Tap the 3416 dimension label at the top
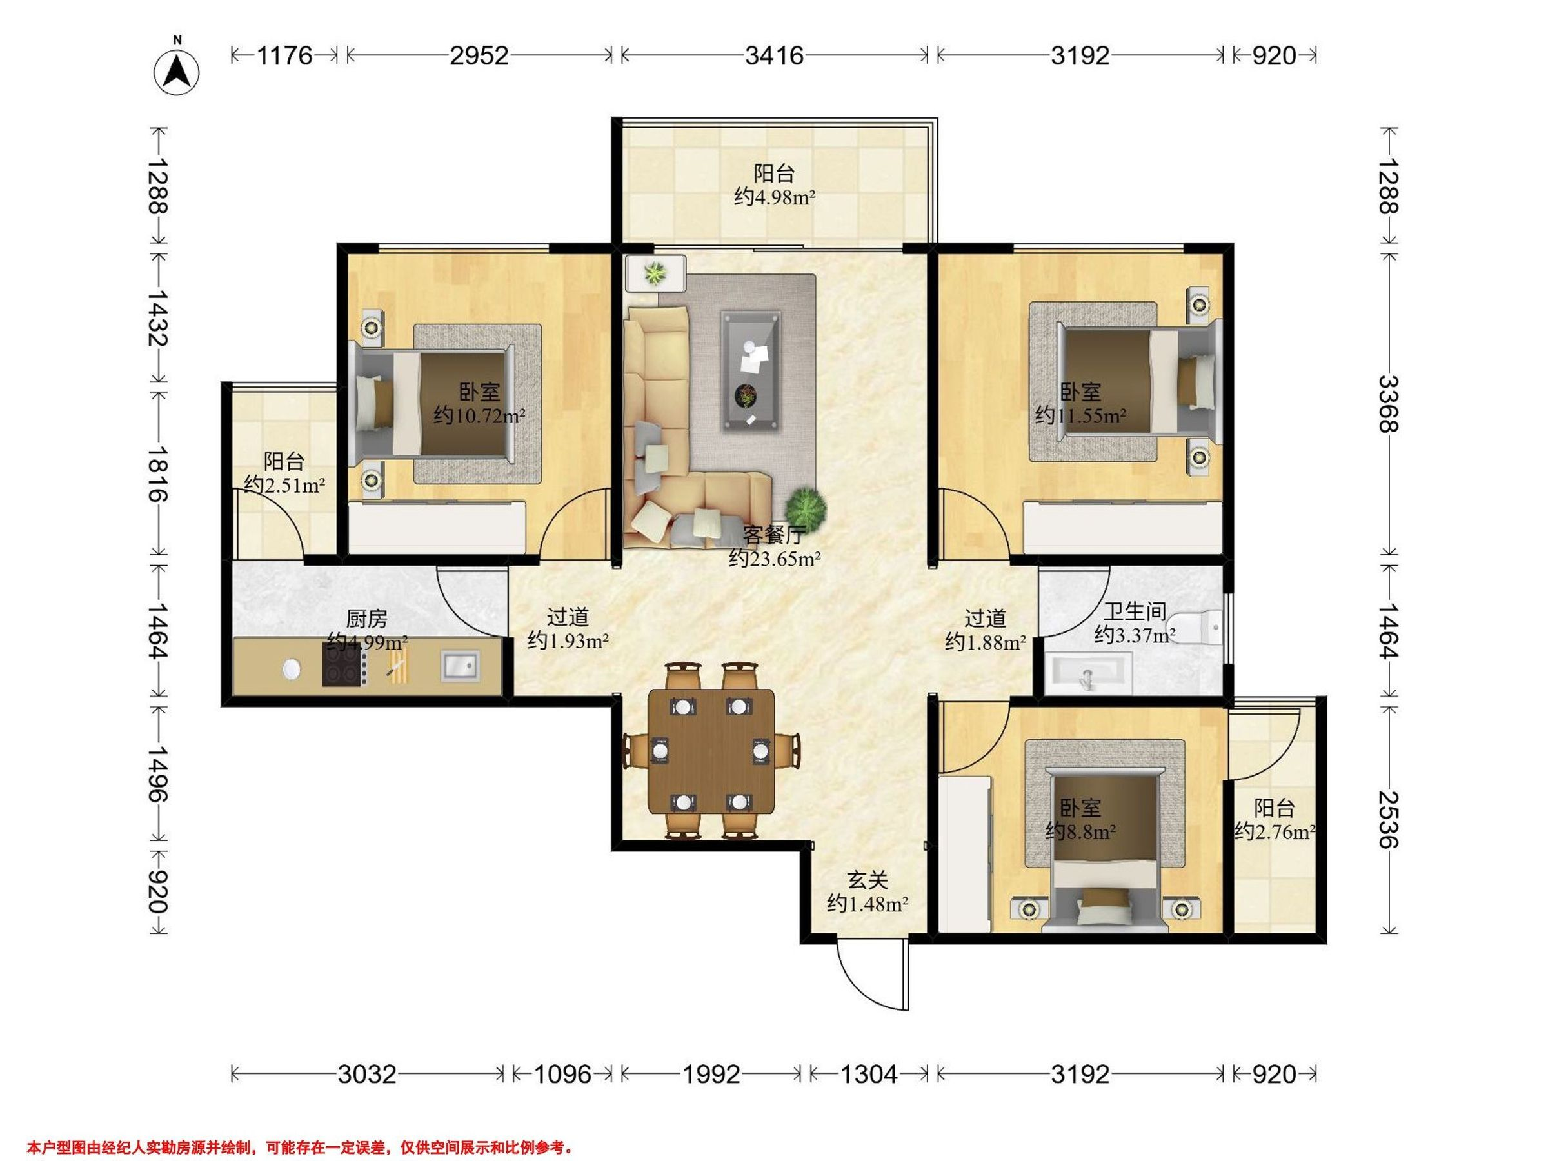(773, 55)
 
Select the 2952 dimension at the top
(479, 55)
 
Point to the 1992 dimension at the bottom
(711, 1073)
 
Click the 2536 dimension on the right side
(1389, 819)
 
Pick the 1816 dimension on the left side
(158, 474)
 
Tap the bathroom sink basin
(1087, 673)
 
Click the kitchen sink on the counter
(461, 666)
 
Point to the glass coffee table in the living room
(751, 373)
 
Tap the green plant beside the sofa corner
(806, 504)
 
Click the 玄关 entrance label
(868, 880)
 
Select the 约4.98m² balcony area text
(775, 197)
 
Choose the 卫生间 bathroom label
(1134, 611)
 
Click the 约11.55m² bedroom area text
(1080, 415)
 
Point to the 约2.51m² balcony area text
(284, 484)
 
